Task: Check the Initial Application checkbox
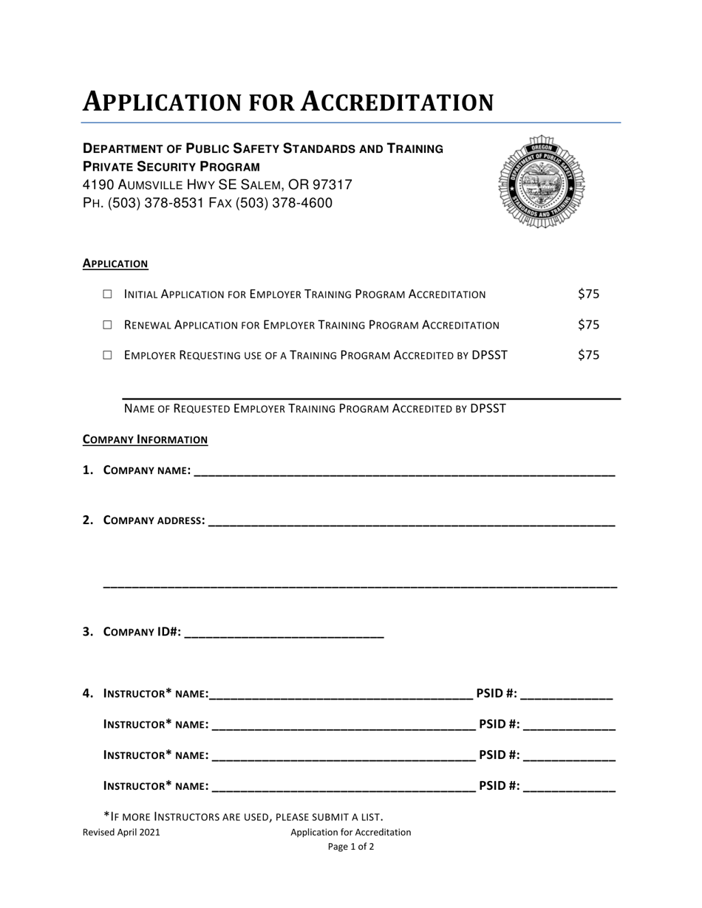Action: [x=107, y=294]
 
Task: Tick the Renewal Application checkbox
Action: [x=107, y=324]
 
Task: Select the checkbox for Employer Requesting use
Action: [x=107, y=354]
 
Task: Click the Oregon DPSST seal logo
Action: [x=542, y=182]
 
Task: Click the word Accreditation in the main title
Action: [x=397, y=102]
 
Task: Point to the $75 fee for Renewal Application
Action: [x=588, y=324]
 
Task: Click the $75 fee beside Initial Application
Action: [x=588, y=294]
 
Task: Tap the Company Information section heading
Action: [x=145, y=440]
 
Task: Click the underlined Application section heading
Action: [x=115, y=264]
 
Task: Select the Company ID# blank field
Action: [x=283, y=633]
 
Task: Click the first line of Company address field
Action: [x=412, y=522]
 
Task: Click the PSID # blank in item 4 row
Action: [x=567, y=695]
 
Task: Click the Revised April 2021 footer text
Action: [x=121, y=832]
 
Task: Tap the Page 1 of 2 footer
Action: [x=351, y=847]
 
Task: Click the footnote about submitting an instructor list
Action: [x=243, y=816]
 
